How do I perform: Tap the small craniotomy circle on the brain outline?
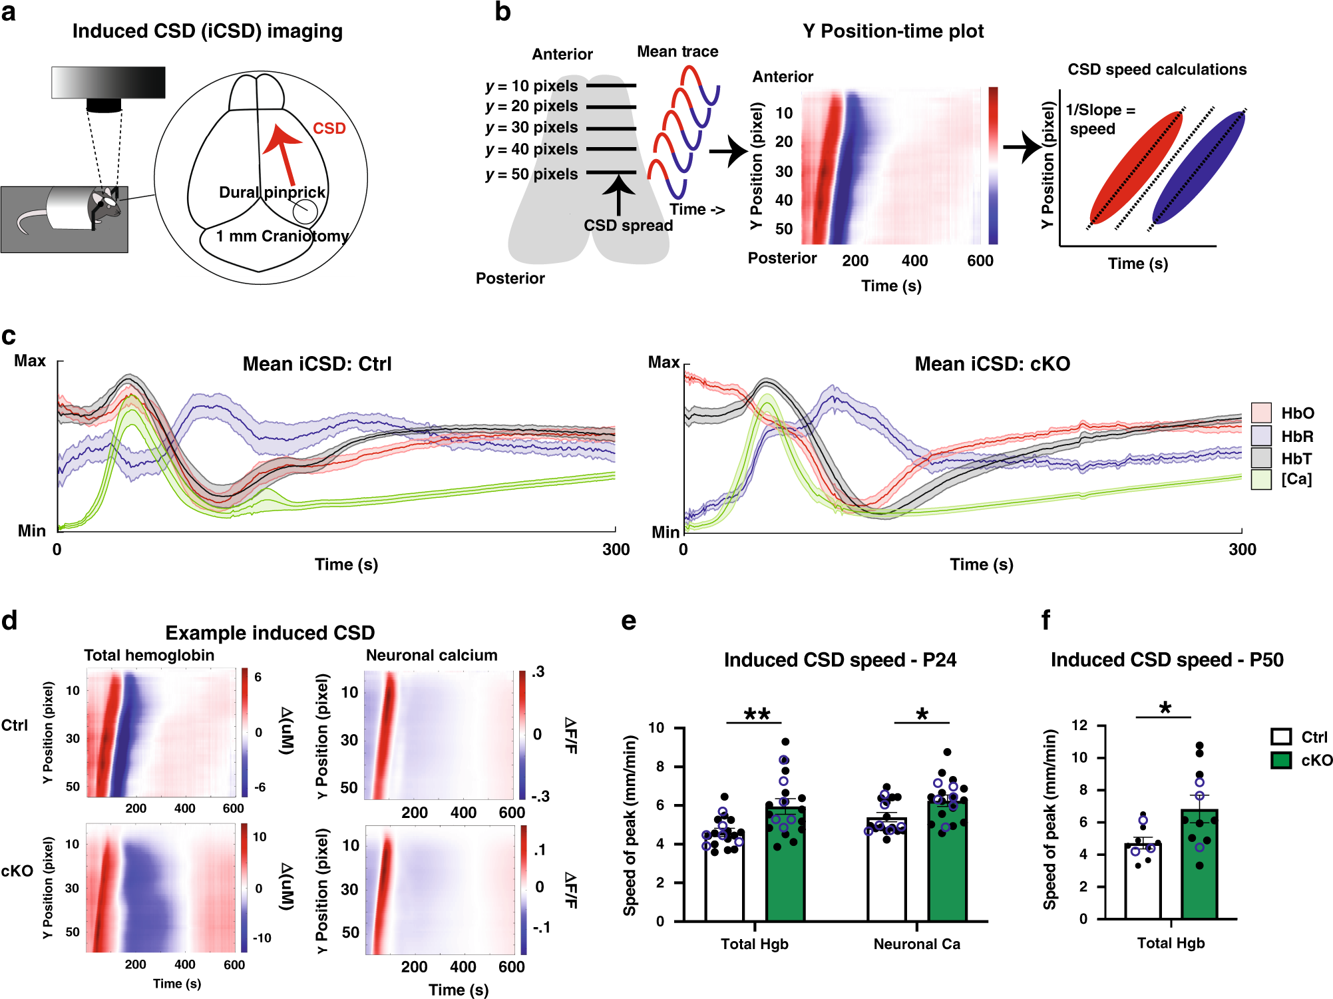tap(305, 212)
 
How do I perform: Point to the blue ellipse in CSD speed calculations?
tap(1199, 167)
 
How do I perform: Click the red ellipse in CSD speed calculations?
tap(1137, 167)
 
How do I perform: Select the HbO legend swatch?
tap(1260, 413)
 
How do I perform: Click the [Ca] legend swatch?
tap(1260, 479)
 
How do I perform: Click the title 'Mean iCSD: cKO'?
tap(992, 364)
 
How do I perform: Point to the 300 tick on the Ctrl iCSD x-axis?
tap(616, 549)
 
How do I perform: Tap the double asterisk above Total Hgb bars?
tap(757, 714)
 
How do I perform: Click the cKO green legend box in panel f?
tap(1280, 760)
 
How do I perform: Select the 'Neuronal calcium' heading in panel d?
tap(431, 655)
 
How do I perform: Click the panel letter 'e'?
tap(628, 621)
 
